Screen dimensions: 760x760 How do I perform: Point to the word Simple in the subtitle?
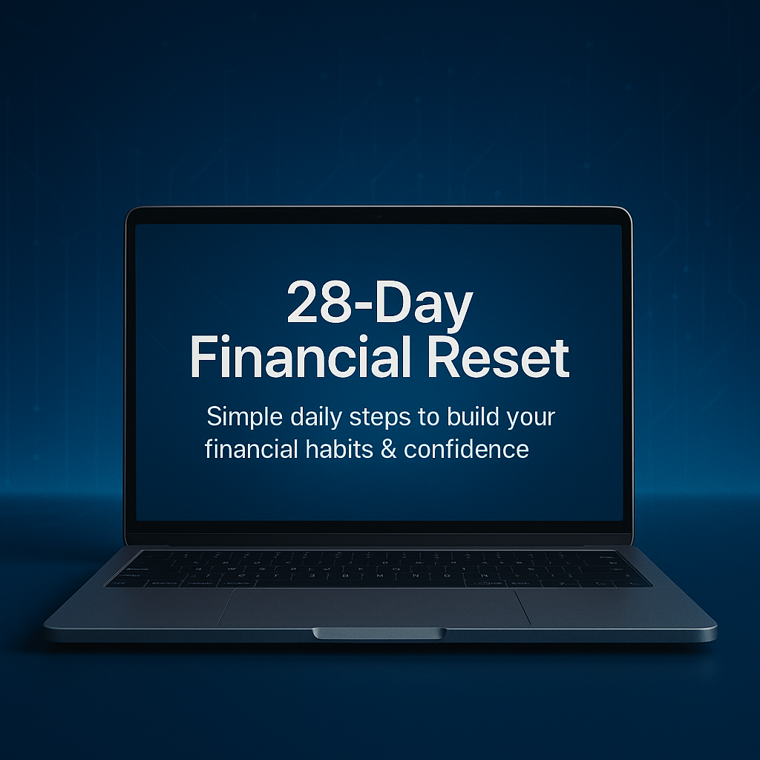(x=243, y=417)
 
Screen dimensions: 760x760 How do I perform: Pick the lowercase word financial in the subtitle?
(x=250, y=449)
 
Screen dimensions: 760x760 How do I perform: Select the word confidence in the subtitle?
(x=466, y=449)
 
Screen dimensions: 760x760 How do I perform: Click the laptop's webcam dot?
(x=379, y=216)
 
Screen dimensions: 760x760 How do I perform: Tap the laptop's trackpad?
(x=374, y=608)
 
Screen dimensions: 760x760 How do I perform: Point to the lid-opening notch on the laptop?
(x=379, y=633)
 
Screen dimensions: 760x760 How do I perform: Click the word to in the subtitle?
(x=428, y=417)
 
